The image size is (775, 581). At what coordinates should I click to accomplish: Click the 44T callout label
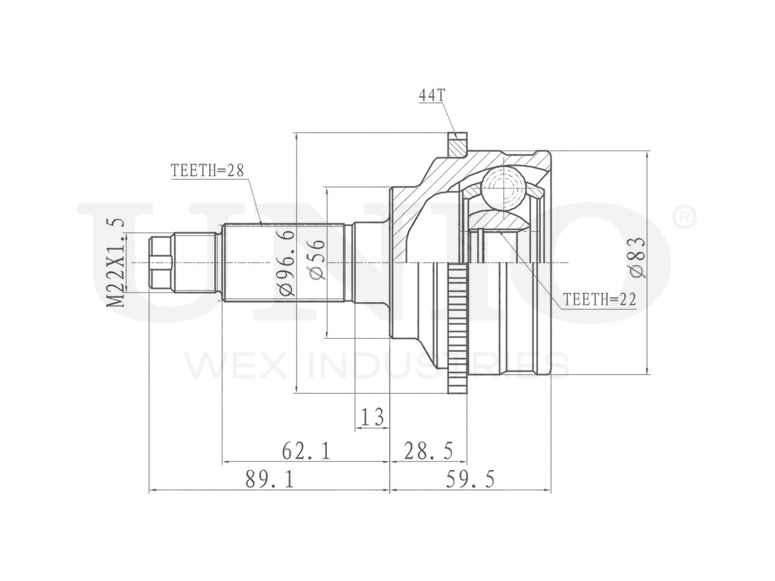432,95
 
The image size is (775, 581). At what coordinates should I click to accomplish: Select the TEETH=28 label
208,171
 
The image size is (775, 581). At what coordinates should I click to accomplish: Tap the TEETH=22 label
599,300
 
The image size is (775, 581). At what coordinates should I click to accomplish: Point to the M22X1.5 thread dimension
116,263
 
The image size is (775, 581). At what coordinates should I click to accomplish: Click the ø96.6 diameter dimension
286,263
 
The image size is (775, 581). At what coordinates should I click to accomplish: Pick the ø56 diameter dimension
316,260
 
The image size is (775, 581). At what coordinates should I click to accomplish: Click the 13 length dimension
372,416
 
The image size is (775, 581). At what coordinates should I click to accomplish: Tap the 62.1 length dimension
306,451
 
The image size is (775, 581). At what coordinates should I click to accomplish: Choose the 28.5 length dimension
428,451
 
